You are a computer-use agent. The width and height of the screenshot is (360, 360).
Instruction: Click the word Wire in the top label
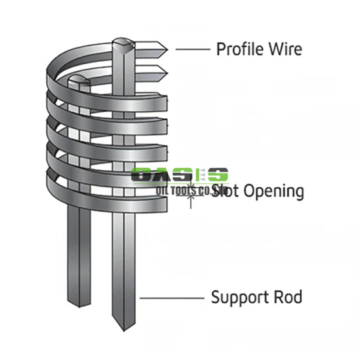[x=285, y=49]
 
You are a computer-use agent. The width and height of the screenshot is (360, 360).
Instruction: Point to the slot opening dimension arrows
[x=190, y=196]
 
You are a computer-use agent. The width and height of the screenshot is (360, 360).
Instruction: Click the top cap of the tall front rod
[x=125, y=43]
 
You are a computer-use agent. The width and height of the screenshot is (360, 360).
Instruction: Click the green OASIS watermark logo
[x=180, y=175]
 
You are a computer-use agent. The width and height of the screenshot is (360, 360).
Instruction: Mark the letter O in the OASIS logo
[x=142, y=175]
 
